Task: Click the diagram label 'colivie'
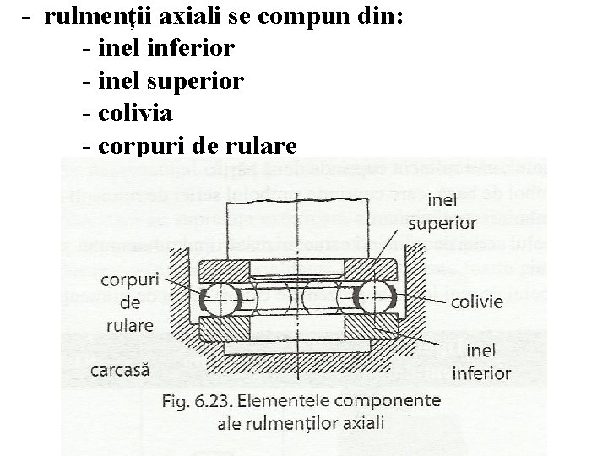click(476, 301)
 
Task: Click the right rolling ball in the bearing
click(369, 298)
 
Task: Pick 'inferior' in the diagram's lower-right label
click(481, 372)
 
